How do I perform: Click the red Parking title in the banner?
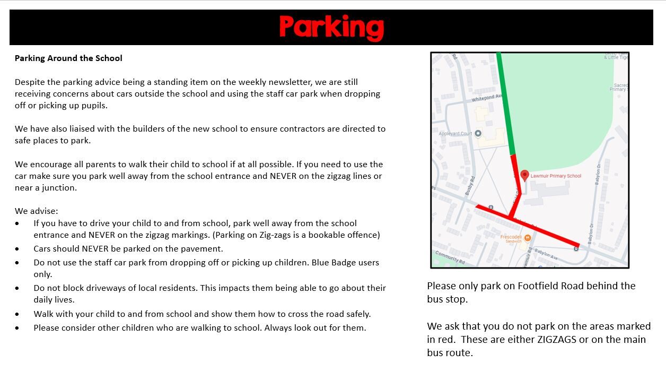point(331,27)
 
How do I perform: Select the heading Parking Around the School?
point(68,58)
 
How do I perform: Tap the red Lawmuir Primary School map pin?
point(524,175)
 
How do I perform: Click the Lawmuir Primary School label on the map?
point(556,176)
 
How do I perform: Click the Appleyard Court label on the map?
point(455,134)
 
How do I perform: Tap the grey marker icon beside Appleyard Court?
point(478,133)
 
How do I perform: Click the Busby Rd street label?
point(469,186)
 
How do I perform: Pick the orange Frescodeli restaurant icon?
point(527,237)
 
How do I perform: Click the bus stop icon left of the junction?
point(490,208)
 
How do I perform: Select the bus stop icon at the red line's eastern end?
point(576,248)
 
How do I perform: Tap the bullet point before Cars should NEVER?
point(18,249)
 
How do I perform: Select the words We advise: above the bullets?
point(37,211)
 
